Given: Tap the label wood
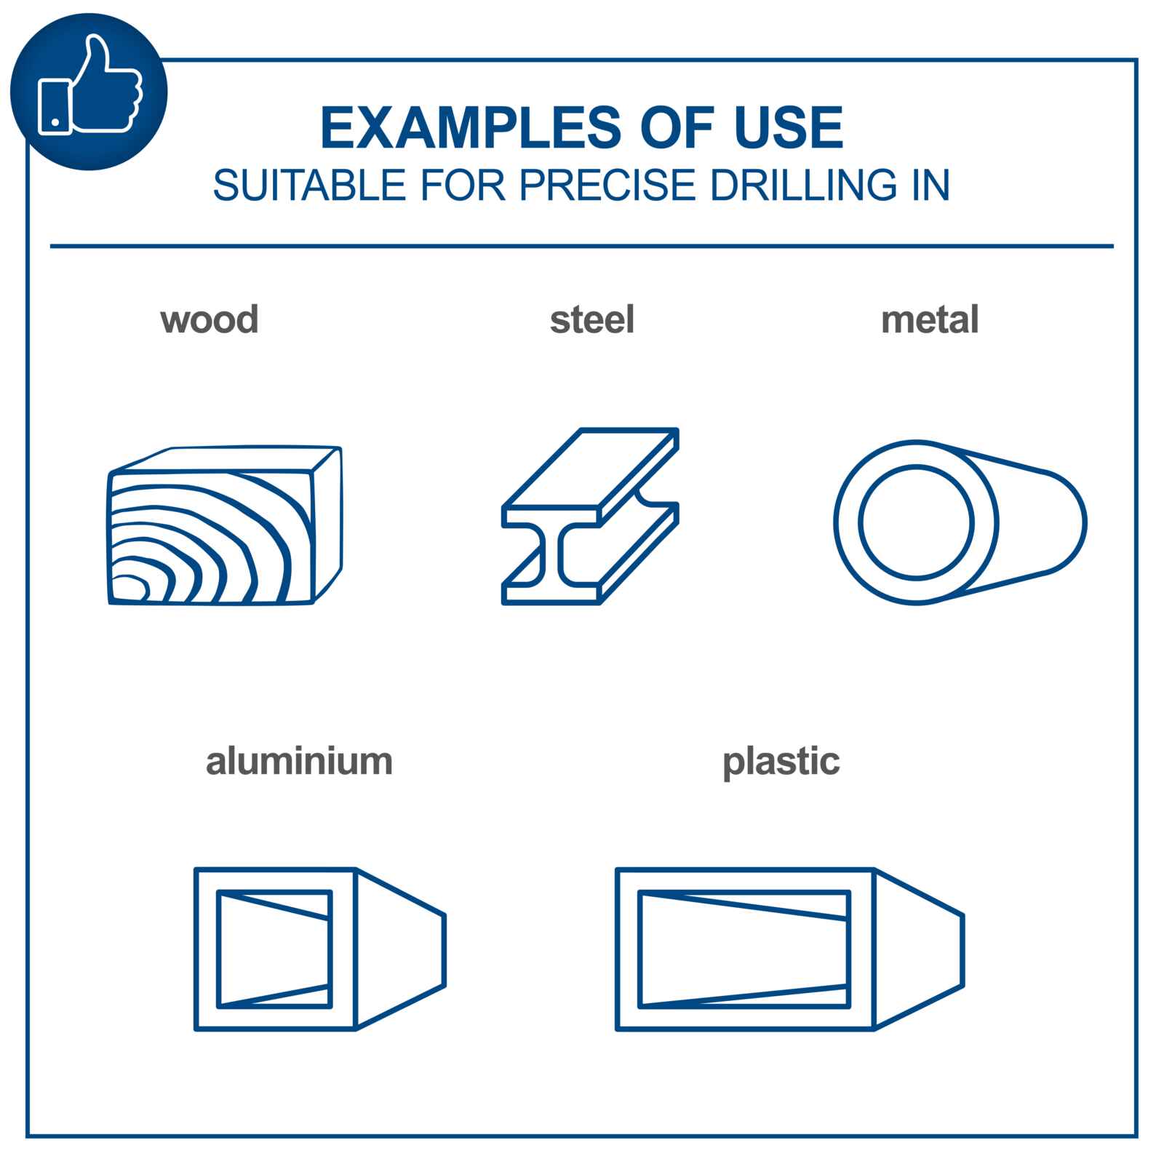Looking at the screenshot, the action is point(210,320).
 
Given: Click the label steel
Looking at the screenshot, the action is point(592,320).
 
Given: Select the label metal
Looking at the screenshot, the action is point(930,320).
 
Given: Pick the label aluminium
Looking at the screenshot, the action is point(299,762).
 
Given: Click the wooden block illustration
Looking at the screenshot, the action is point(225,525).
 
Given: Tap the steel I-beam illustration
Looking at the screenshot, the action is point(590,516).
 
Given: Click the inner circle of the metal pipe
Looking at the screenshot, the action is point(860,522).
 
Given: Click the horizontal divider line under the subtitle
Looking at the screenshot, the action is point(582,247).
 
